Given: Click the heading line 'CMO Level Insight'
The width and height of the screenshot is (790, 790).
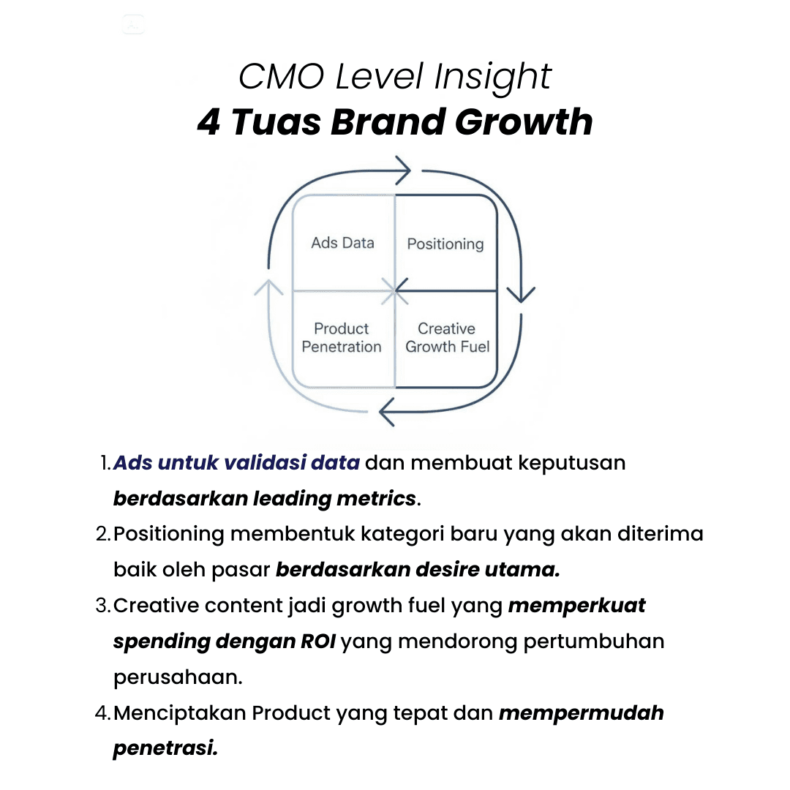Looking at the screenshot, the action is [x=395, y=77].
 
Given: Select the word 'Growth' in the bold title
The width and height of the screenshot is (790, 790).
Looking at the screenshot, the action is [x=524, y=123].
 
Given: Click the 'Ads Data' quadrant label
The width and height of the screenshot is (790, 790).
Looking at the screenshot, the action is [x=342, y=243].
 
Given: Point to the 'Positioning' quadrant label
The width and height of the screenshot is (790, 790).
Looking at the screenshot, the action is [x=445, y=244].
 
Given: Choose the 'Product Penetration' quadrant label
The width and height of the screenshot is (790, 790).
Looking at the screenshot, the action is [x=342, y=338].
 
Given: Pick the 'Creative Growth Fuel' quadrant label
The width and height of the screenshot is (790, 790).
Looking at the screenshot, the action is [x=447, y=338].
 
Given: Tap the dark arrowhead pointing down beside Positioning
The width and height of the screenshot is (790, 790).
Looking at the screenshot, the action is [x=521, y=293].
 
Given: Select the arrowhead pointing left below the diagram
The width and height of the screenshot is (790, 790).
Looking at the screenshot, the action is [x=388, y=412].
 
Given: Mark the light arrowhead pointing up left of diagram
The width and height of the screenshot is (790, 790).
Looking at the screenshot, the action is [x=268, y=287].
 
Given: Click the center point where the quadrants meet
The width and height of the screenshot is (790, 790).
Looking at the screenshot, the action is [x=396, y=291].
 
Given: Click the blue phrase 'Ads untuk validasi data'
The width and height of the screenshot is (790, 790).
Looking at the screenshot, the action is [x=236, y=463].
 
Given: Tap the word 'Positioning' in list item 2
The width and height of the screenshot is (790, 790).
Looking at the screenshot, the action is [x=168, y=535].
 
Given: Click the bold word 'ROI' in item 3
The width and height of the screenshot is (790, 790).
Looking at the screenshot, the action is [x=317, y=642].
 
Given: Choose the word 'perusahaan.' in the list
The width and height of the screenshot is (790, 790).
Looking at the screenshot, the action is [x=178, y=677].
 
